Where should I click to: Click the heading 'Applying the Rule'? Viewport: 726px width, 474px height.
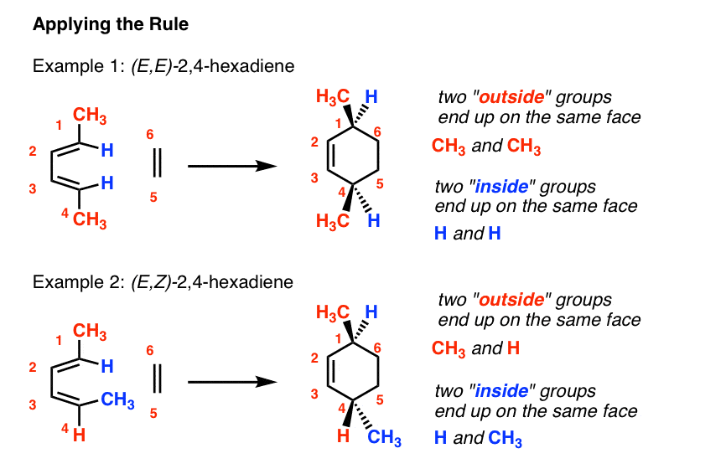(111, 24)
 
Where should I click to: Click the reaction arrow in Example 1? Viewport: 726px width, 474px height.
(232, 166)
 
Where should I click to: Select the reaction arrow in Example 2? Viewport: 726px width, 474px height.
(232, 382)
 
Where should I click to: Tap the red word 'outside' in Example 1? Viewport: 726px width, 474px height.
(511, 97)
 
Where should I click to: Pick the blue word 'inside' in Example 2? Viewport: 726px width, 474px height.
(501, 391)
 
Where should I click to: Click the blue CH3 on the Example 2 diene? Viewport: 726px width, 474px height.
(117, 400)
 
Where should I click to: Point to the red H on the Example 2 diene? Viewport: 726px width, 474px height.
(79, 435)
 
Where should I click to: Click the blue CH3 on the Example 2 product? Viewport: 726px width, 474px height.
(384, 437)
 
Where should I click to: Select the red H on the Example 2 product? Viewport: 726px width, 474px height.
(343, 435)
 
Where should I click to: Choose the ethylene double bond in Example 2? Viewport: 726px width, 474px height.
(158, 379)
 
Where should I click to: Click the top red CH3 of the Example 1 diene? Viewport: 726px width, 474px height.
(90, 116)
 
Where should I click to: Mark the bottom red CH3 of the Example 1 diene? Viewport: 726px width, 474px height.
(90, 219)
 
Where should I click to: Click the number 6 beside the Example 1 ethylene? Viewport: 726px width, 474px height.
(149, 135)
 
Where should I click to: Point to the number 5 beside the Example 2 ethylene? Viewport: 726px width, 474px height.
(153, 413)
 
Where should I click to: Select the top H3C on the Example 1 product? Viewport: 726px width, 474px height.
(333, 97)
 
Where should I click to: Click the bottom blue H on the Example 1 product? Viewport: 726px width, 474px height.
(374, 220)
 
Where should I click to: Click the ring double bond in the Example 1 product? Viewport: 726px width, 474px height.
(329, 156)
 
